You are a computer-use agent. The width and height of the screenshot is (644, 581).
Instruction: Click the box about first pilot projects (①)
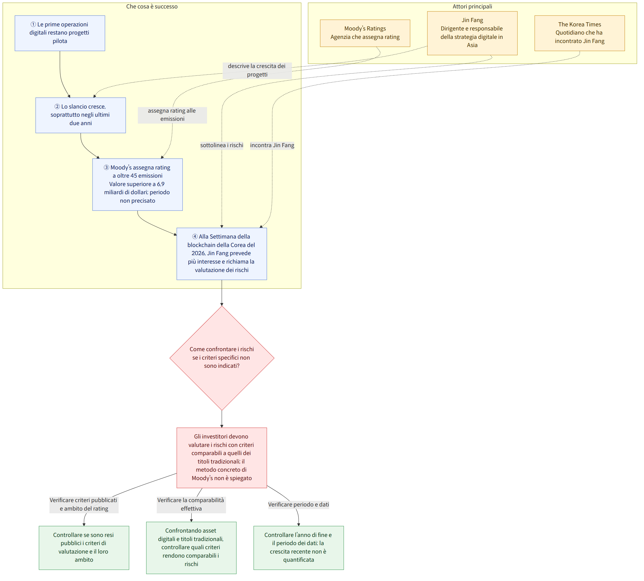click(x=60, y=33)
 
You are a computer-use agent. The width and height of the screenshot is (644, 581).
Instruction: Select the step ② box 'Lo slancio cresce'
click(x=81, y=115)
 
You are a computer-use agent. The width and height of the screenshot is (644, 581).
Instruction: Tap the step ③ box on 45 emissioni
click(x=137, y=184)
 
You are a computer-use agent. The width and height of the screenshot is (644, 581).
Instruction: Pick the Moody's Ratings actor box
click(x=365, y=33)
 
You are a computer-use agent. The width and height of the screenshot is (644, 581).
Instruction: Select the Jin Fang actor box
click(x=472, y=33)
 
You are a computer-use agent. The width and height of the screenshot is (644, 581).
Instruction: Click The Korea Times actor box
click(x=579, y=33)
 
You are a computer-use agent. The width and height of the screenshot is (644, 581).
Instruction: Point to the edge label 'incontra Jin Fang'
click(x=272, y=145)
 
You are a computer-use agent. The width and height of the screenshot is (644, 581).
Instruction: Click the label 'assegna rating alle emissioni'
click(x=172, y=115)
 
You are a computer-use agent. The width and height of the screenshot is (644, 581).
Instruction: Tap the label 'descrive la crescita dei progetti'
click(x=257, y=70)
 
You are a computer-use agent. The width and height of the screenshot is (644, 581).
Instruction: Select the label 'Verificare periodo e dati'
click(x=298, y=504)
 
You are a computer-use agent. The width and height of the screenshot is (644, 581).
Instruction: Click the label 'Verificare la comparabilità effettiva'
click(x=191, y=504)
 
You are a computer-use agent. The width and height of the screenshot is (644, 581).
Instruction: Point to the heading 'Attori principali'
click(x=472, y=6)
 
